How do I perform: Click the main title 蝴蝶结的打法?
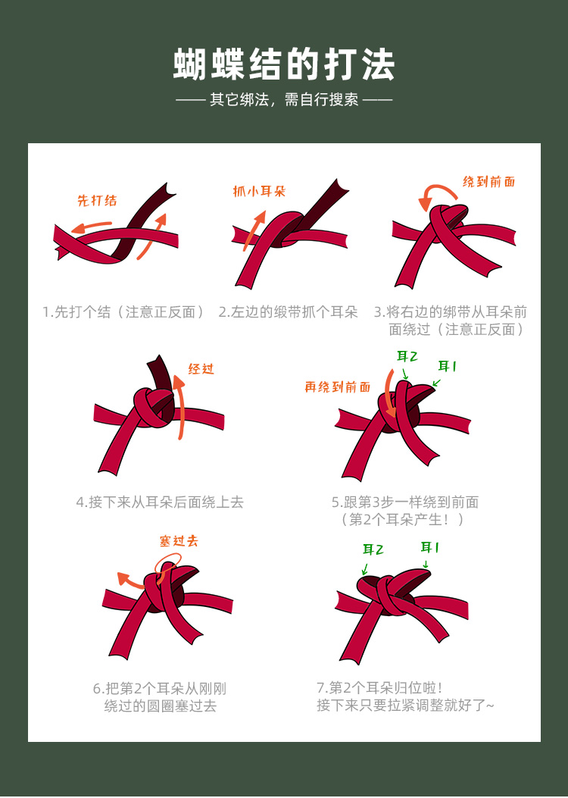click(284, 64)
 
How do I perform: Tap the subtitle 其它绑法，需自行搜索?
click(284, 99)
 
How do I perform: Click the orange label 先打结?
click(97, 201)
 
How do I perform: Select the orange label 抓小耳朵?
click(259, 192)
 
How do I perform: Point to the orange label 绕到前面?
click(488, 182)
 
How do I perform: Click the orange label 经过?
click(201, 368)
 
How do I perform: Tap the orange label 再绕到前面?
click(338, 387)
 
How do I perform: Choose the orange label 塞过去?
click(179, 541)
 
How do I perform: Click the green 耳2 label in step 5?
click(407, 356)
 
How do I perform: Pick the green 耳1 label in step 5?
click(447, 366)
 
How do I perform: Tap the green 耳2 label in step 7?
click(373, 549)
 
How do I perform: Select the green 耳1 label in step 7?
click(429, 548)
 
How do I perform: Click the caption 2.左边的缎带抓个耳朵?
click(289, 312)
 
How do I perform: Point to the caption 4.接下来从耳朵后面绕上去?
click(160, 502)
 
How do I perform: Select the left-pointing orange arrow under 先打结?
click(92, 227)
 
